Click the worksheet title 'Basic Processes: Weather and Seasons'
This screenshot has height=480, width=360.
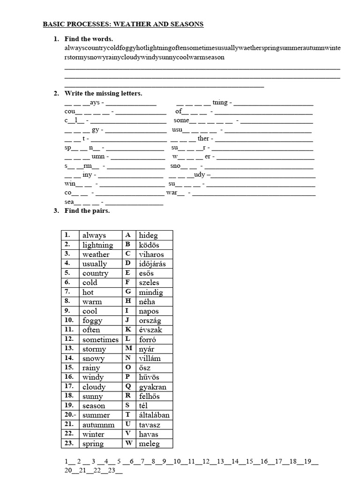click(123, 24)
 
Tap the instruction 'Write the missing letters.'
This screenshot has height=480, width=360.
click(103, 94)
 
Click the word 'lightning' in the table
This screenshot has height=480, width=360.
click(97, 245)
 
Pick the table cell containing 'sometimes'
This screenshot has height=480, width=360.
click(100, 339)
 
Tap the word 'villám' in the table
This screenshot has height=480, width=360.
click(150, 358)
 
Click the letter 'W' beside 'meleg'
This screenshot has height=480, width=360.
click(128, 443)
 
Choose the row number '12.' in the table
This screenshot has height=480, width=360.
click(69, 339)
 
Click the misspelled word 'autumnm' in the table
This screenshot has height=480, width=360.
click(98, 424)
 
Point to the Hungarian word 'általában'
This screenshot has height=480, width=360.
click(154, 415)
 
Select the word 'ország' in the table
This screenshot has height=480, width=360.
click(150, 320)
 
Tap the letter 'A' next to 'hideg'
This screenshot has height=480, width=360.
click(128, 235)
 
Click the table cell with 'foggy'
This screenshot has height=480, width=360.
click(92, 320)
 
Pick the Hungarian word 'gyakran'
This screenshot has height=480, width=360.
click(152, 387)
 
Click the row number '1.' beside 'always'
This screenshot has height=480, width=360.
click(67, 235)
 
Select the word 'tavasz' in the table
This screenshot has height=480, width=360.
click(150, 424)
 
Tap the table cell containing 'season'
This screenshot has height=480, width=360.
click(94, 405)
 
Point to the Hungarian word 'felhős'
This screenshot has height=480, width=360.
click(150, 396)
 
